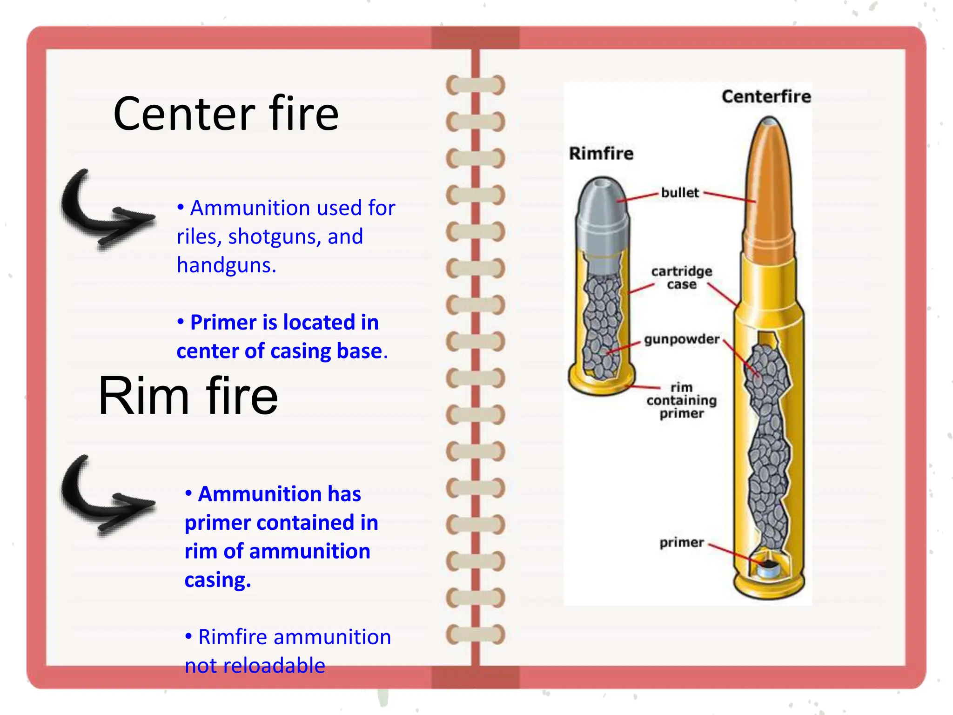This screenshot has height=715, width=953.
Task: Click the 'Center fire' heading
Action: [226, 114]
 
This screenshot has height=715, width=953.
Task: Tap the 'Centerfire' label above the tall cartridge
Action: [766, 97]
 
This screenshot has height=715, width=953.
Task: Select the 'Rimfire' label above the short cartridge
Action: [601, 154]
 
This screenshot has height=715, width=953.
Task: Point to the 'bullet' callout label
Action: [680, 193]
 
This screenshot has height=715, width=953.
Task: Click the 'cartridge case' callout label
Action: [681, 278]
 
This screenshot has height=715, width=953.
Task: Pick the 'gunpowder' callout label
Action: [681, 339]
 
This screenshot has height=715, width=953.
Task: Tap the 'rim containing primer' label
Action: [681, 400]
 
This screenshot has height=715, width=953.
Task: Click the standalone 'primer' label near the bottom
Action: [681, 543]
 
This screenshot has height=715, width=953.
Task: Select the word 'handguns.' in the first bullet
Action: [226, 265]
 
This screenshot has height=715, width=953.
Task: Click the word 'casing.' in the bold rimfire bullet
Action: [218, 580]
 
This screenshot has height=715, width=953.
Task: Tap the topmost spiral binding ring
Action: [475, 85]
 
